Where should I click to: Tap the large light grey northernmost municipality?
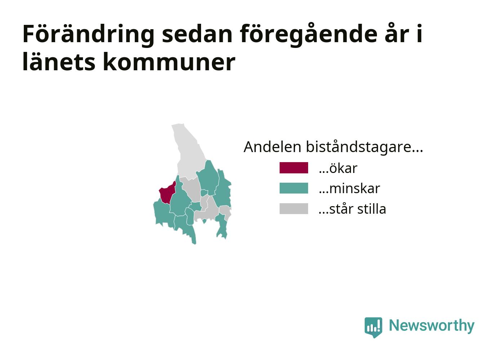pos(189,154)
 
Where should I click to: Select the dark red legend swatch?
pos(294,168)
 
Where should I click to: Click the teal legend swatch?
pos(294,188)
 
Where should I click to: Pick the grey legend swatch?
pos(294,209)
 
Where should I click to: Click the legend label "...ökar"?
pos(338,168)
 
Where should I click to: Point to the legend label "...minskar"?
pos(349,188)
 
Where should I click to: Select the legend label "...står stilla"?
pos(352,209)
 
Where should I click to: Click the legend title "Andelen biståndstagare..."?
pos(333,147)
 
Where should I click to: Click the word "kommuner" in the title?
pos(169,62)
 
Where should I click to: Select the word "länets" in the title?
pos(59,62)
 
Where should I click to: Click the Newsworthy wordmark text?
pos(432,326)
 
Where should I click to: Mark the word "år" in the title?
pos(397,34)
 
